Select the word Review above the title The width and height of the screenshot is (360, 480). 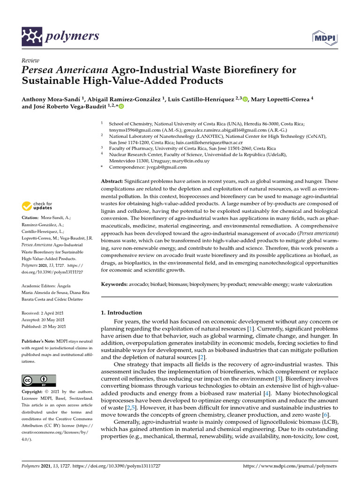coord(31,60)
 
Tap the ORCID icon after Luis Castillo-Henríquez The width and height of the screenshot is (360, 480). coord(246,99)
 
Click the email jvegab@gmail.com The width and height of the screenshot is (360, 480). coord(167,167)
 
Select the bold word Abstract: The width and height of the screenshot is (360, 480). coord(112,181)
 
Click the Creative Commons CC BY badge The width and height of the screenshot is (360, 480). coord(39,380)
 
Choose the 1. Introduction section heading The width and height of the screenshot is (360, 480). coord(121,313)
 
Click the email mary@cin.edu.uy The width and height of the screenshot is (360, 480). coord(183,160)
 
